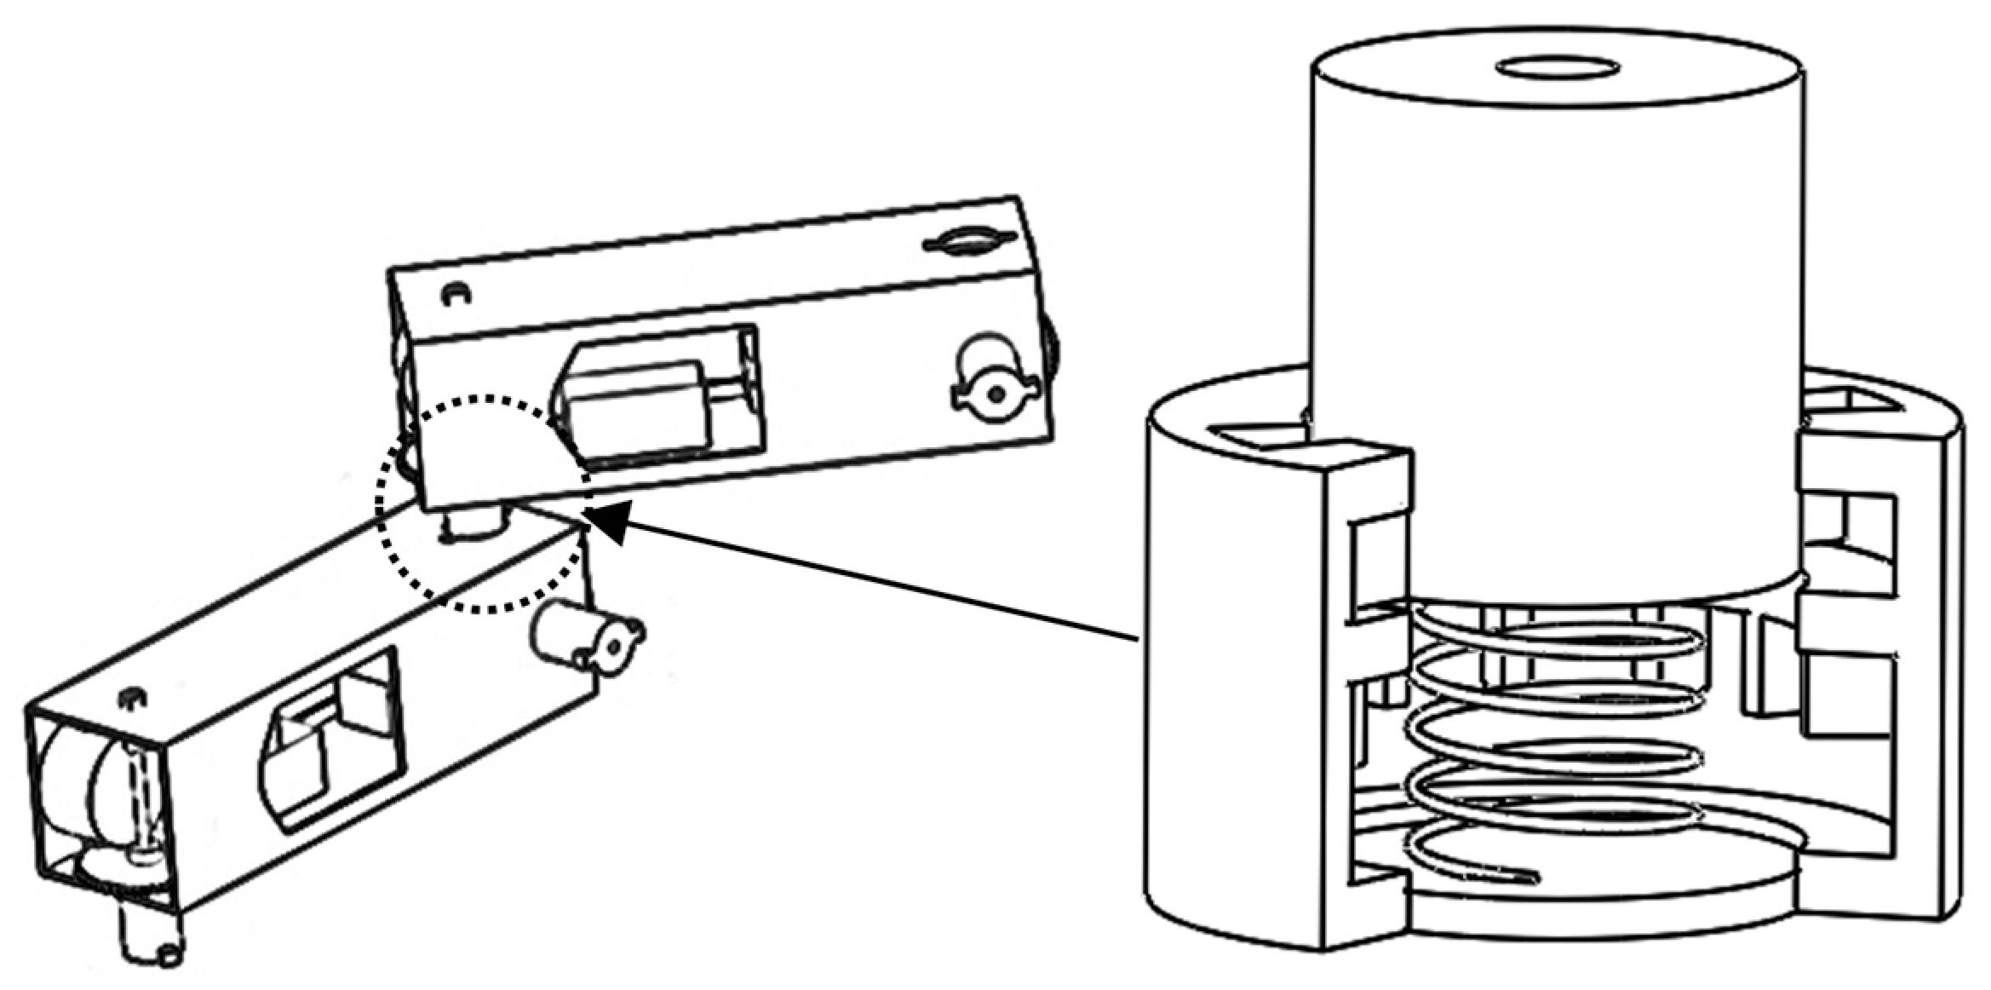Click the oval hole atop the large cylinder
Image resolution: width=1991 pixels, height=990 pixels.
[x=1558, y=67]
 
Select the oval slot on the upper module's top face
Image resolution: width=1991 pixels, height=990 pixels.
[x=968, y=242]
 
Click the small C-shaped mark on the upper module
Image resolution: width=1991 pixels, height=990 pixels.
[x=456, y=294]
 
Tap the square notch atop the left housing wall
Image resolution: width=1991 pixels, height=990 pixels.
[x=1269, y=439]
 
